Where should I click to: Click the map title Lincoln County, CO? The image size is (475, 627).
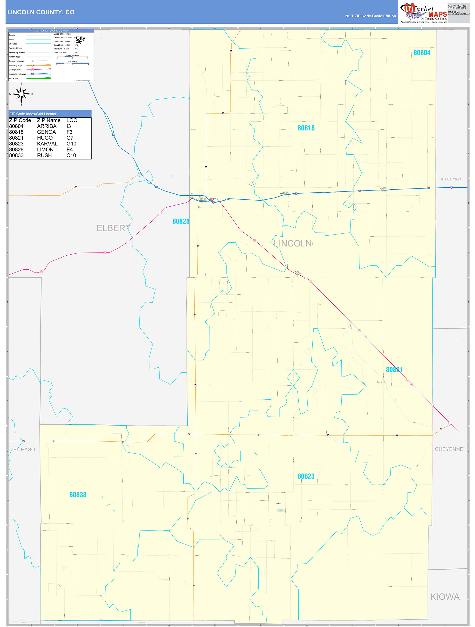(x=41, y=12)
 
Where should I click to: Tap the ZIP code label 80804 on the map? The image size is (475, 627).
(x=422, y=53)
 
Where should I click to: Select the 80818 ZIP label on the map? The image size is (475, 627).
(x=306, y=128)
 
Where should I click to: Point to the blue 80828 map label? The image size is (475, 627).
(x=181, y=221)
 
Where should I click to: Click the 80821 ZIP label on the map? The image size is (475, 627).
(x=394, y=370)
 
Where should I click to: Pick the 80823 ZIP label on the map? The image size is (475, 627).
(x=306, y=476)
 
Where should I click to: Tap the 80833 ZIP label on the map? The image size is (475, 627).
(x=78, y=495)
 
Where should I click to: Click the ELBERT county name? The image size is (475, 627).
(x=113, y=228)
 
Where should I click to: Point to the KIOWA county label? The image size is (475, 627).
(x=445, y=597)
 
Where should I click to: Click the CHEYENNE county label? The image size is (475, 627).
(x=449, y=449)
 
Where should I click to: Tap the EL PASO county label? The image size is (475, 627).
(x=24, y=450)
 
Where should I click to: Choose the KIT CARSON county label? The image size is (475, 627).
(x=451, y=179)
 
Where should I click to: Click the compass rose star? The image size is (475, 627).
(x=21, y=94)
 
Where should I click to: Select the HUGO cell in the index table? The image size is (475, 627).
(x=45, y=138)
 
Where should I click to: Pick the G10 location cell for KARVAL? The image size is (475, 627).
(x=71, y=144)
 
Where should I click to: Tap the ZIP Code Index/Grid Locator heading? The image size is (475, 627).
(x=33, y=114)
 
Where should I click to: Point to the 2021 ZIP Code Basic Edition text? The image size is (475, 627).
(x=370, y=16)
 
